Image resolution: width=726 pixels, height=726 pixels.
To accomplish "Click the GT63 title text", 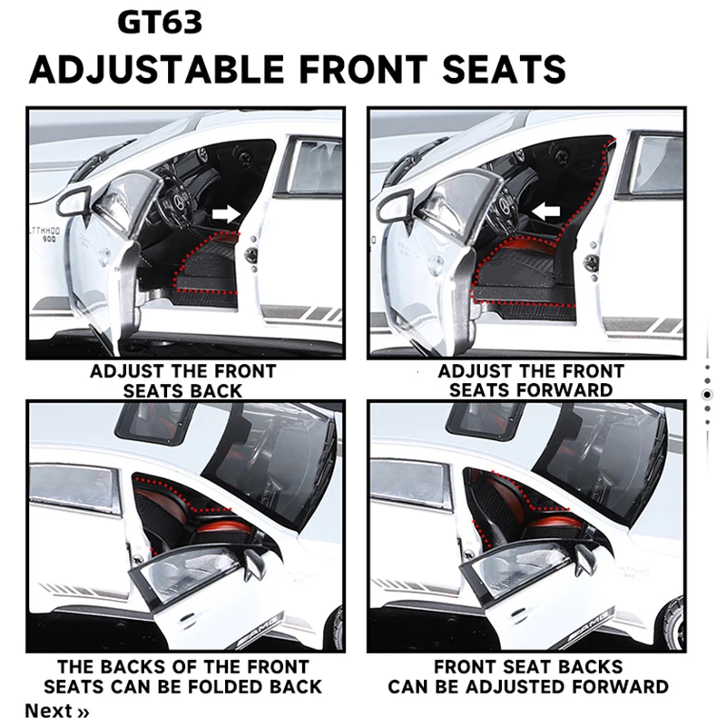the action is (160, 22).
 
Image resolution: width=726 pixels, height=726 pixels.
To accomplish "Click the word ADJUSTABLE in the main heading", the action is (156, 69).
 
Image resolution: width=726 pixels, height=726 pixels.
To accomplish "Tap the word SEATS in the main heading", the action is (505, 69).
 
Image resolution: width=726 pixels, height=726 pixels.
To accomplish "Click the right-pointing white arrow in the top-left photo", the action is (226, 214).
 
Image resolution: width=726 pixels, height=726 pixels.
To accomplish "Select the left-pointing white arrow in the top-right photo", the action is (546, 212).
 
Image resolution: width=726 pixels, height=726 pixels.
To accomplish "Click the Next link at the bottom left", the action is (56, 711).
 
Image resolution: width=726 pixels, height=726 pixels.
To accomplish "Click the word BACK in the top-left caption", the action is (216, 391).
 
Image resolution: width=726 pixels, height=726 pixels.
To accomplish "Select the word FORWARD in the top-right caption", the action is (571, 390).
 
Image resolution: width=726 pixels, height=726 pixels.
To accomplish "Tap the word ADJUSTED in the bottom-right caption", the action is (522, 687).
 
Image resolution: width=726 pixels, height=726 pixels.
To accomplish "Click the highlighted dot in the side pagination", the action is (707, 395).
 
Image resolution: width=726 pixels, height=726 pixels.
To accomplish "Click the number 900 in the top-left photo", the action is (49, 239).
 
